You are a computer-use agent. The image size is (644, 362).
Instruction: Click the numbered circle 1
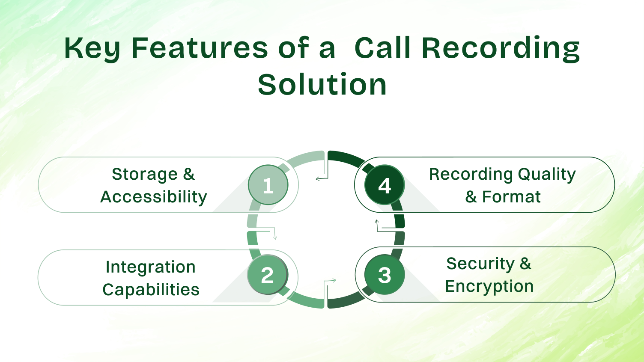point(268,185)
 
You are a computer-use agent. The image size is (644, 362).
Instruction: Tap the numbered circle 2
point(268,275)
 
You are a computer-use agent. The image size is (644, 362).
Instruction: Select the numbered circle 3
point(385,275)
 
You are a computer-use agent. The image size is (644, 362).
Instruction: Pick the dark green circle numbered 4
point(385,185)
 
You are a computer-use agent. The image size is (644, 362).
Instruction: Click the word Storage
point(144,174)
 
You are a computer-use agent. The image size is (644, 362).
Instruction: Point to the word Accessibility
point(154,197)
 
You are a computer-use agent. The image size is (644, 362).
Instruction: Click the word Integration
point(151,267)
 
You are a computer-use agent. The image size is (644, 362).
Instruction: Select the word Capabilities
point(151,290)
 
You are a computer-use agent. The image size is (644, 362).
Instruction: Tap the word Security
point(480,264)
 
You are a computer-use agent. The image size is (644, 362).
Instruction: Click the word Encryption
point(489,286)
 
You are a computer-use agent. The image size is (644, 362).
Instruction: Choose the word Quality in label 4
point(547,175)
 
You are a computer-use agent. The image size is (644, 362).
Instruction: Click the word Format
point(511,197)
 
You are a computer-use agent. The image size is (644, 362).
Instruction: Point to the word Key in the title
point(92,48)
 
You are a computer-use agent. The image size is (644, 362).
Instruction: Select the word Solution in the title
point(322,84)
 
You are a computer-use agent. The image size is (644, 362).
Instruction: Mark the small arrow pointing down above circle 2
point(275,237)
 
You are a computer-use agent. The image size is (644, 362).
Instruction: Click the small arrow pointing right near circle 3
point(334,281)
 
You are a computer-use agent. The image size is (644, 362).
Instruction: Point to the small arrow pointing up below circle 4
point(377,222)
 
